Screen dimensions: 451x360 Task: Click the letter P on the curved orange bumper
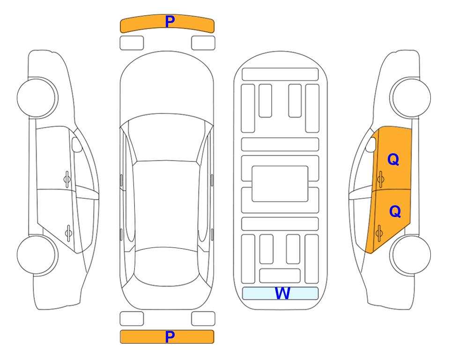tap(170, 22)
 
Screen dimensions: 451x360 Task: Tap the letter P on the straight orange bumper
tap(170, 337)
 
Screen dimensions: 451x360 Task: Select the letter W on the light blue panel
tap(282, 293)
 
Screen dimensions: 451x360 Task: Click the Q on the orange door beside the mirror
tap(393, 159)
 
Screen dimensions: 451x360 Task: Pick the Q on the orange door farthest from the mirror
tap(395, 211)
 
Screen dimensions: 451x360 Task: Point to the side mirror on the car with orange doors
tap(371, 144)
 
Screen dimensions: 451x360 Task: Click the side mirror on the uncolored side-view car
tap(77, 144)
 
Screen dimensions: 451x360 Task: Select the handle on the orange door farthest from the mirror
tap(379, 233)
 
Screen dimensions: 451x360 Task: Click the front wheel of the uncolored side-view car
tap(37, 97)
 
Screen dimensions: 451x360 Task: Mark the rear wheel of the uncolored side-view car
tap(37, 255)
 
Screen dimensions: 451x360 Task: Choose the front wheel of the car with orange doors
tap(410, 97)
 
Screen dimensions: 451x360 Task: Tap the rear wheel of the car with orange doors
tap(410, 255)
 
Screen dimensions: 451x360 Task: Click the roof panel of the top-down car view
tap(166, 204)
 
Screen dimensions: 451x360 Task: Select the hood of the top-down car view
tap(167, 83)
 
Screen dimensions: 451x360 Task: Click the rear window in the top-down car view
tap(166, 266)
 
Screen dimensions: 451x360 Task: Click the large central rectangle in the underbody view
tap(280, 184)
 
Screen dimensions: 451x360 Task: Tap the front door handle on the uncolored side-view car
tap(67, 180)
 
